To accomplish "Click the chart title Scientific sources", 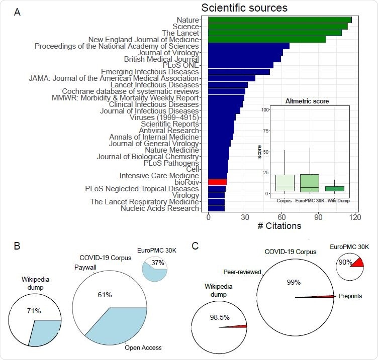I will click(x=244, y=8).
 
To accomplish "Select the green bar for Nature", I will click(x=279, y=20).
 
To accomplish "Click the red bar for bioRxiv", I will click(x=218, y=182).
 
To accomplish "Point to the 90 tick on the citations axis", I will click(x=318, y=217).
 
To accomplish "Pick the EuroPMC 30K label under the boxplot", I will click(x=311, y=201).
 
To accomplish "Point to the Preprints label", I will click(x=349, y=296).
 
